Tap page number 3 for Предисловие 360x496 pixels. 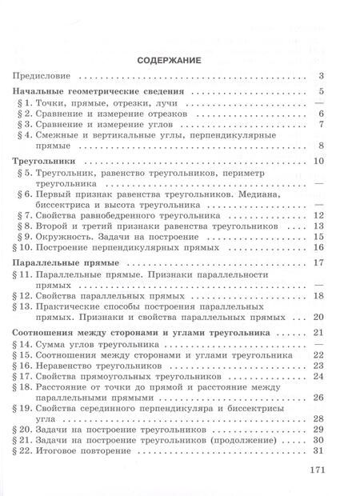pos(320,77)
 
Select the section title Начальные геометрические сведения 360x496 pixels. pos(100,93)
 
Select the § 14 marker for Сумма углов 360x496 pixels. pos(26,342)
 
